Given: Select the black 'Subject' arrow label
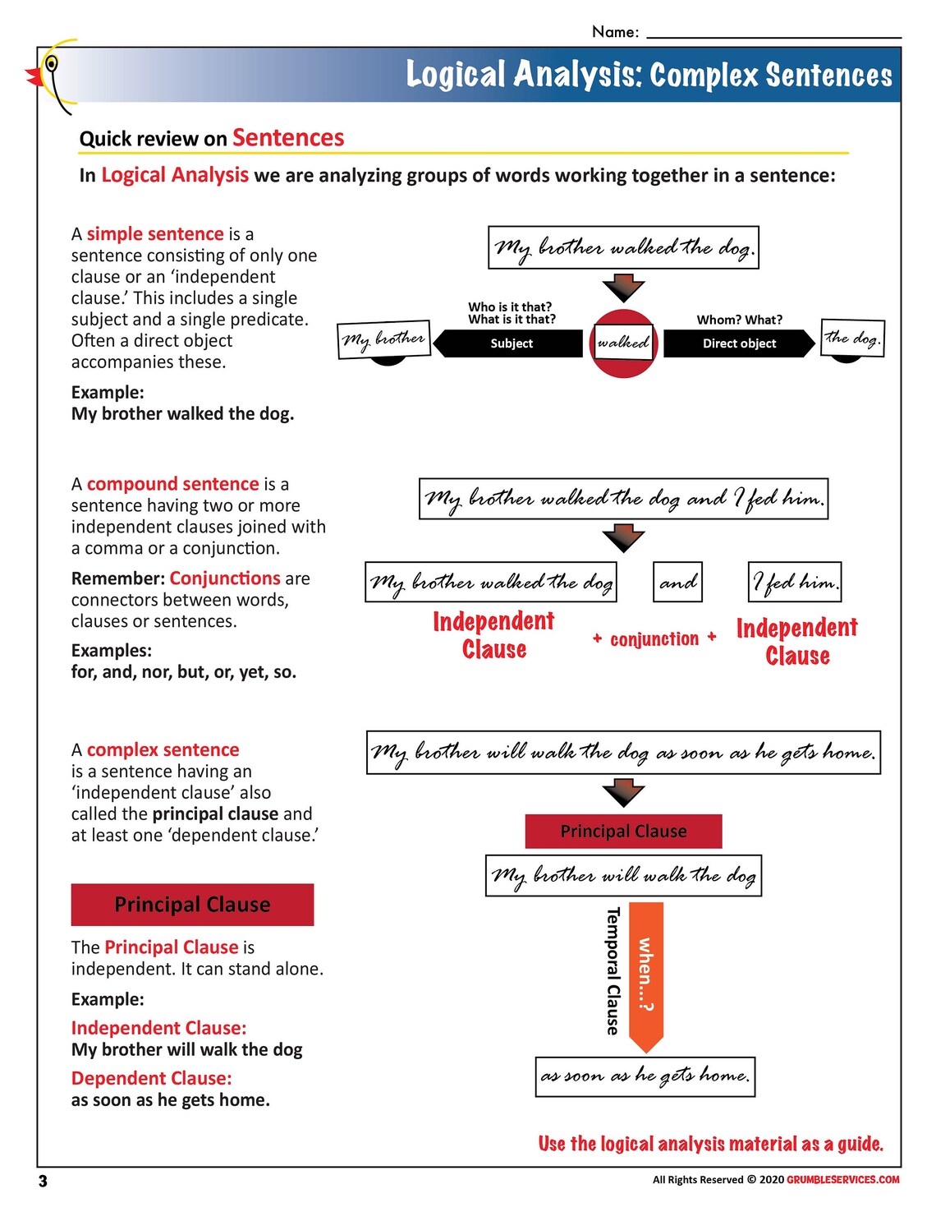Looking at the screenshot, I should click(x=511, y=343).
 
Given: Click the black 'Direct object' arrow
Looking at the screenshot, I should click(x=739, y=343).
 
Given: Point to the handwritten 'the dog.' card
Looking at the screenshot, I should click(x=852, y=338).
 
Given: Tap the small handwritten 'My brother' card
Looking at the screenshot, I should click(x=384, y=339).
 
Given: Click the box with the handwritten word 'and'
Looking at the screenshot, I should click(x=677, y=582).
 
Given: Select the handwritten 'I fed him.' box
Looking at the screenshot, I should click(x=795, y=582).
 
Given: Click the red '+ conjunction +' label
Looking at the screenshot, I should click(x=654, y=638).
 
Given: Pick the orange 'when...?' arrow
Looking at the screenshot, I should click(x=646, y=975).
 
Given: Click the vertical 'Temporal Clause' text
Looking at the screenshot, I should click(x=613, y=970).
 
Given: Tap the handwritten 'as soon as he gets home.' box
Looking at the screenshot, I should click(x=645, y=1076).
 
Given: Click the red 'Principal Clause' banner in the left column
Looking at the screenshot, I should click(x=192, y=905).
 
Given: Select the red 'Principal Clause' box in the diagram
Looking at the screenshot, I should click(x=623, y=831).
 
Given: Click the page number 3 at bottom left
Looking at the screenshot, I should click(x=43, y=1181).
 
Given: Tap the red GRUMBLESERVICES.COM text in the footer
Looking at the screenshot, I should click(x=842, y=1180).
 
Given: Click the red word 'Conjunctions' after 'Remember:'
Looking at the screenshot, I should click(x=225, y=578).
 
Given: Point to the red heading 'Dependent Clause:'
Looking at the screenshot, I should click(x=152, y=1078).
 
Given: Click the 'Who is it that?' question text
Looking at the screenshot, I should click(x=510, y=306).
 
